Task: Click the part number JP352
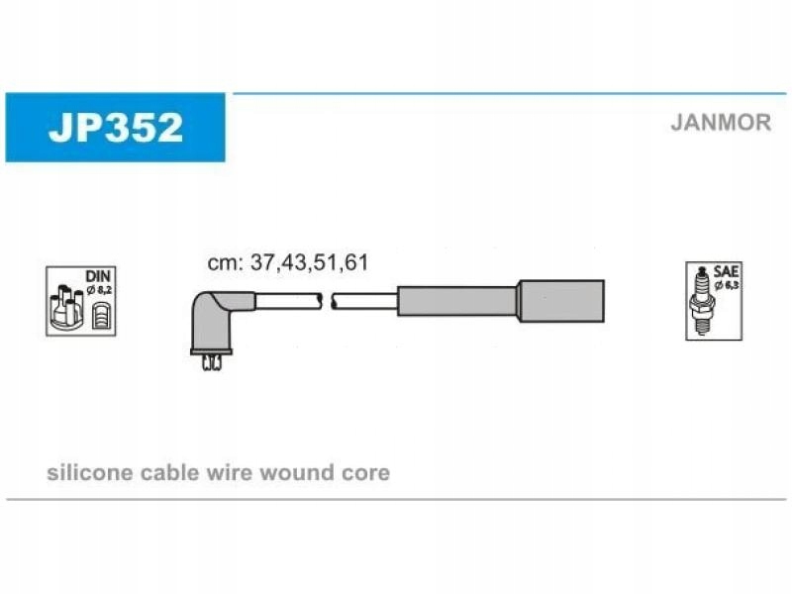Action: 116,128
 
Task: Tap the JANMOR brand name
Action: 721,123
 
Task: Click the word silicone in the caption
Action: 90,473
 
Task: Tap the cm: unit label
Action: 227,263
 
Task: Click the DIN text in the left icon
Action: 97,276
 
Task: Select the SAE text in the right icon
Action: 726,271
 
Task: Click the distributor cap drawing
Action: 66,307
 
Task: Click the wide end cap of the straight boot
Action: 561,301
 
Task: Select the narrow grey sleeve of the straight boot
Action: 457,301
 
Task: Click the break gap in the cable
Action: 327,301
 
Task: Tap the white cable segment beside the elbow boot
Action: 288,301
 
